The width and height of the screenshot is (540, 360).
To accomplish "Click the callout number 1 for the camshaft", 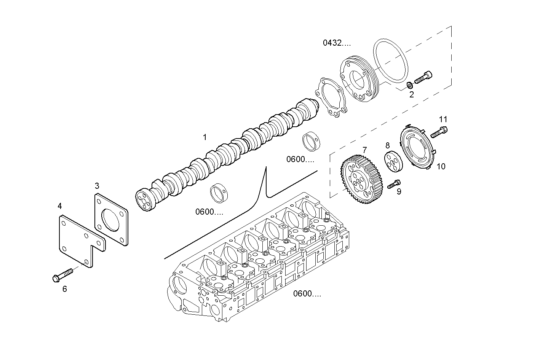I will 205,137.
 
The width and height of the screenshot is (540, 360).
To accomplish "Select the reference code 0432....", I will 337,43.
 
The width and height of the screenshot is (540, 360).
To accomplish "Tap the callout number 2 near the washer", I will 411,94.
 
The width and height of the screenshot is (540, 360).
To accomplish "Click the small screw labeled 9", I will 393,184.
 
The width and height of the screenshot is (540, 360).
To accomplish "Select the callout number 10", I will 441,166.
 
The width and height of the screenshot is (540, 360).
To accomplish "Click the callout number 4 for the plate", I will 60,206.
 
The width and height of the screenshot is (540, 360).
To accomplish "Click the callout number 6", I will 64,289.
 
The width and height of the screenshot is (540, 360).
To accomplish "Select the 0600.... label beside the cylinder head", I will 307,293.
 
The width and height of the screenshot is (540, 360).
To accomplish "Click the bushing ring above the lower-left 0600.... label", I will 219,193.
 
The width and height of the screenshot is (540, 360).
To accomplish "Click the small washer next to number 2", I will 409,84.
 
